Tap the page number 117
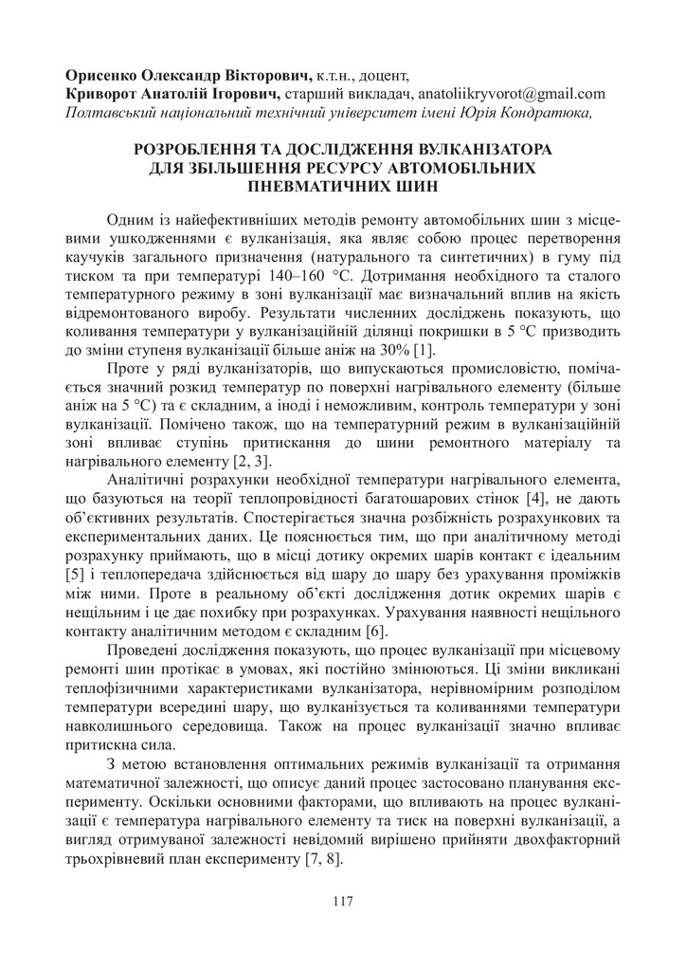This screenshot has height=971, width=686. tap(343, 901)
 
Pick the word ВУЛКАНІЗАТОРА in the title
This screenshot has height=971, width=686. tap(475, 149)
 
